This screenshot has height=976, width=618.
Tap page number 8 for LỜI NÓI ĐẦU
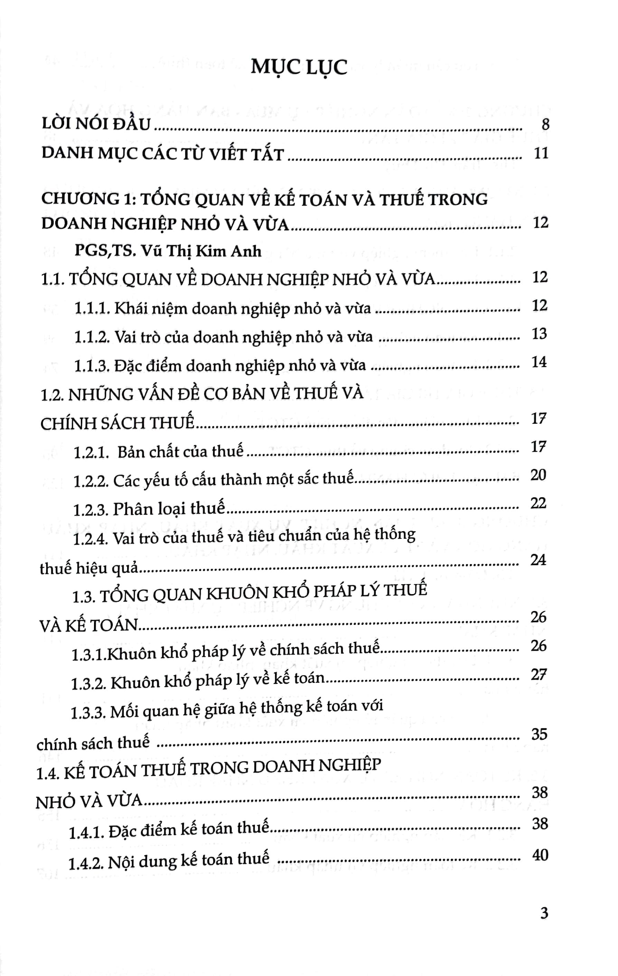click(x=545, y=124)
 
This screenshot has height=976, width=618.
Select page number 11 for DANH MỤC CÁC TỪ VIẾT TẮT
click(x=541, y=153)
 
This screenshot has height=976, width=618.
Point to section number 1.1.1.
click(x=92, y=309)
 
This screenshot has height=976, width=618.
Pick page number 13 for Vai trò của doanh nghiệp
click(x=540, y=334)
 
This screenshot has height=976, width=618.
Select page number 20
click(x=538, y=475)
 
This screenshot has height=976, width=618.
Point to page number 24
click(x=538, y=560)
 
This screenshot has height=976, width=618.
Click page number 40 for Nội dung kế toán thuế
click(x=540, y=855)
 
